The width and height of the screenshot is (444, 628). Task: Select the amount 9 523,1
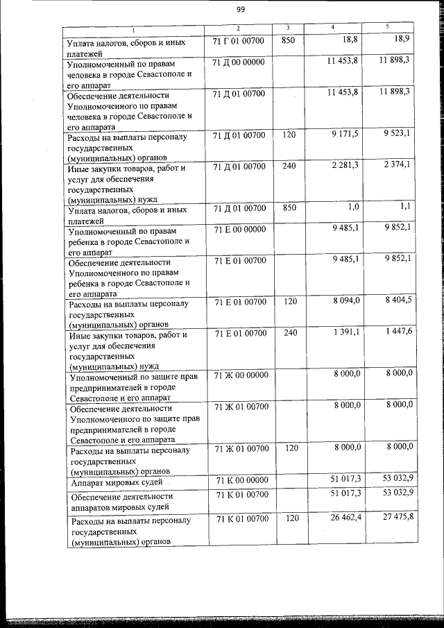[x=397, y=133]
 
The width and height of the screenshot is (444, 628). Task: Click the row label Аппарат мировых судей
[x=115, y=482]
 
